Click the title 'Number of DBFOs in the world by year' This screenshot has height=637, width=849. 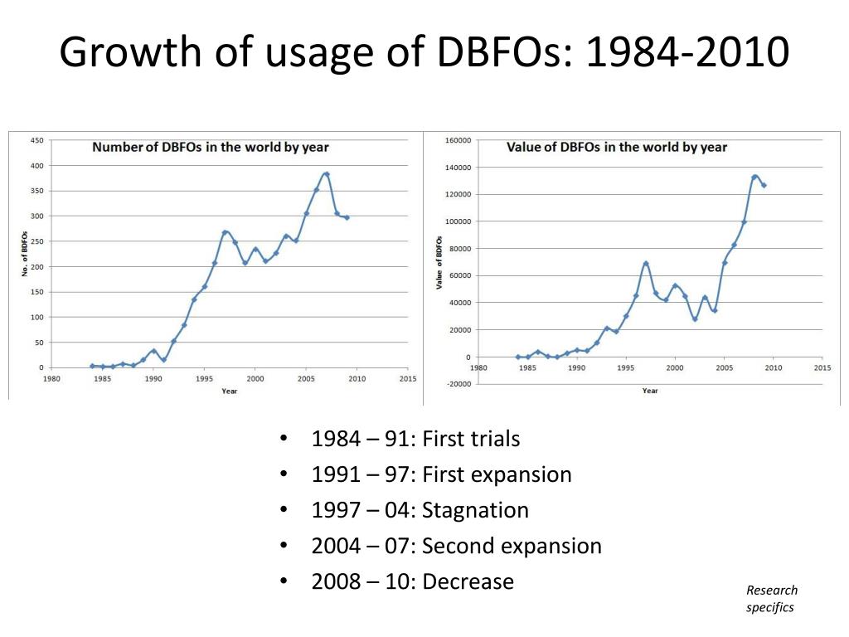coord(210,148)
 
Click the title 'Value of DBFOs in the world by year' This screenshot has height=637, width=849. coord(616,148)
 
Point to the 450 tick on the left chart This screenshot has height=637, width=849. coord(36,140)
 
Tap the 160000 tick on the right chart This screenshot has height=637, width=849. coord(458,140)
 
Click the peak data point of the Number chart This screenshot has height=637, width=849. coord(327,174)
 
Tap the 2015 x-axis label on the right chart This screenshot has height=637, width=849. coord(822,367)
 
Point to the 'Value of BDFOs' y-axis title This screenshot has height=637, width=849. coord(439,262)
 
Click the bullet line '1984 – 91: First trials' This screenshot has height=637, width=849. coord(415,439)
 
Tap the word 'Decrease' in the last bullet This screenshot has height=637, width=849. coord(468,581)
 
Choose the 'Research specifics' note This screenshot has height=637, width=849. coord(771,599)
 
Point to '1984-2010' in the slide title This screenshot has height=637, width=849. coord(687,53)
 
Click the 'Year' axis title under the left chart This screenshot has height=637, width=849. coord(229,391)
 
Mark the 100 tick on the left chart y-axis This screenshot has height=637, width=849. coord(36,317)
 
